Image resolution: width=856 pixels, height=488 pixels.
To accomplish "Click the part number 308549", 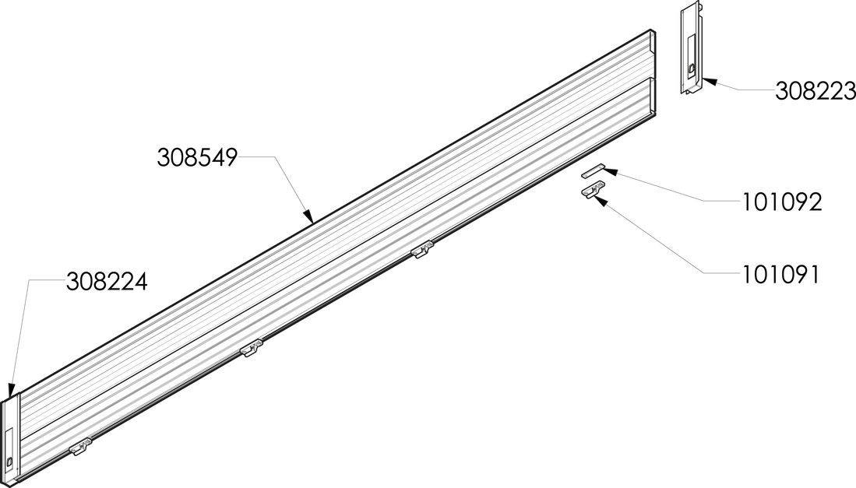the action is pos(198,157).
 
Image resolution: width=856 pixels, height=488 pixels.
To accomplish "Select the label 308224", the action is pos(107,282).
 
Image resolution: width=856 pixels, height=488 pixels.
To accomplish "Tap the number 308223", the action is pos(815,91).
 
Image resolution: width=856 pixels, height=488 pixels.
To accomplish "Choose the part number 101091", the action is pos(780,275).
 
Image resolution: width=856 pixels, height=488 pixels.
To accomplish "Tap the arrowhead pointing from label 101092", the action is pos(608,172).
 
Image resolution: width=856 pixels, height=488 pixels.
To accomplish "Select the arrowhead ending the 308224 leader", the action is pos(10,391).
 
